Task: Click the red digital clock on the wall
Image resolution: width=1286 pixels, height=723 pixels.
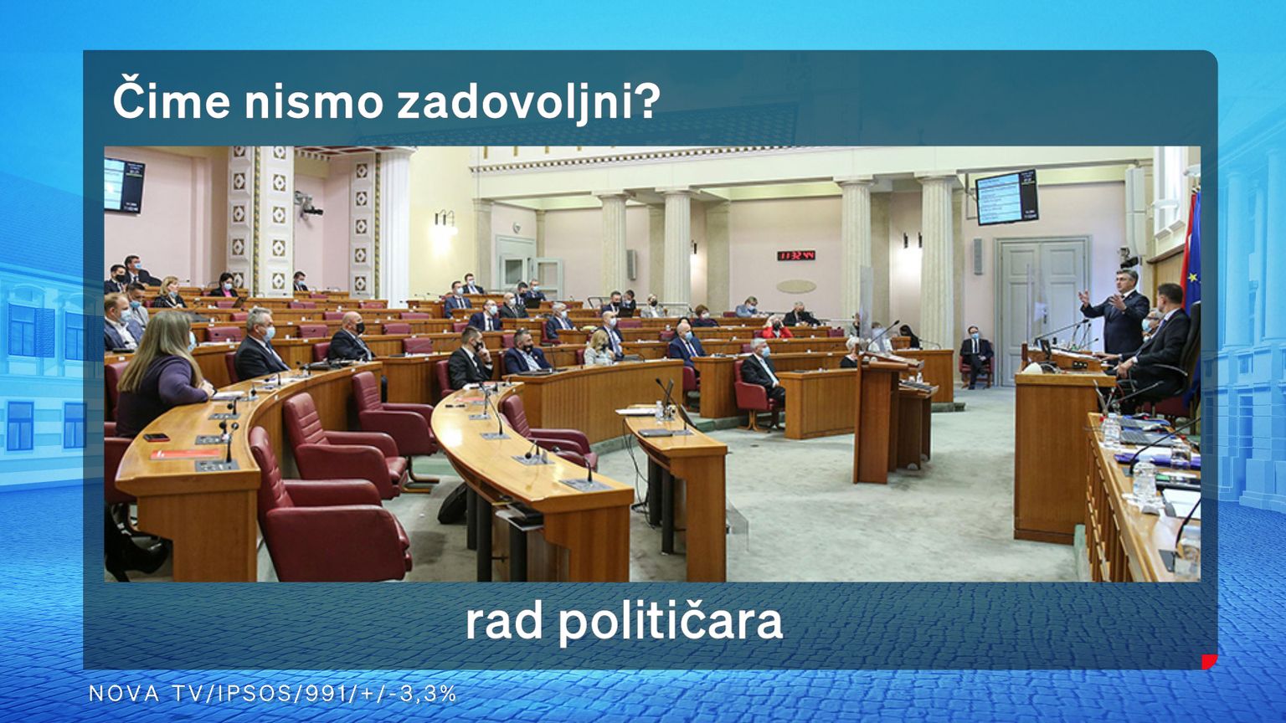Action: point(795,254)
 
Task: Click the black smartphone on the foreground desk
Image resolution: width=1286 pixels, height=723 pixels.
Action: point(157,438)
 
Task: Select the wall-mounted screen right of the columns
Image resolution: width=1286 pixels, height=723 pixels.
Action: point(1006,197)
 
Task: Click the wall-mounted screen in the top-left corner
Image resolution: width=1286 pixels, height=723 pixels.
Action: point(123,185)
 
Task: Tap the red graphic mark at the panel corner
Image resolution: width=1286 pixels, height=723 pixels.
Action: point(1210,662)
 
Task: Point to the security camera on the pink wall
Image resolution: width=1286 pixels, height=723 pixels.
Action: point(309,203)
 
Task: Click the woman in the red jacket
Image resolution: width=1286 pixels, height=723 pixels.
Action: point(776,328)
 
